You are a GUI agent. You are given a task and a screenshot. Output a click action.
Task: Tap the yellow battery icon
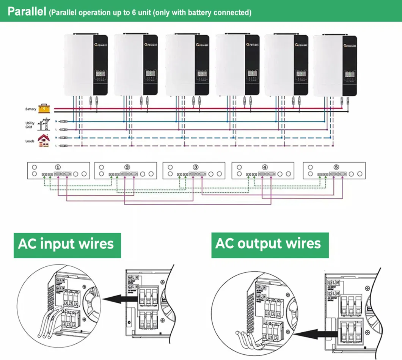click(44, 109)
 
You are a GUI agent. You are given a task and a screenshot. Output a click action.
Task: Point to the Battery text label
click(31, 109)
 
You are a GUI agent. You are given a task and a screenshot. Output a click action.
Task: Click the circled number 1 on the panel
click(58, 167)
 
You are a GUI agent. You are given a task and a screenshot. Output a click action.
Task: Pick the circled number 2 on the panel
click(127, 167)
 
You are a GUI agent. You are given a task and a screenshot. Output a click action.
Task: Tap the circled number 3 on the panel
click(196, 167)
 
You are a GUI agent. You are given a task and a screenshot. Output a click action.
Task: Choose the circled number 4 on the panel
click(265, 167)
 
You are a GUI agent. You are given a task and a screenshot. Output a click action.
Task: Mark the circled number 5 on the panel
click(336, 167)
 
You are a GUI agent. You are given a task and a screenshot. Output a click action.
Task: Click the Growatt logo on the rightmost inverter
click(350, 45)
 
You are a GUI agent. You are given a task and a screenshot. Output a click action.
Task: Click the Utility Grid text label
click(30, 125)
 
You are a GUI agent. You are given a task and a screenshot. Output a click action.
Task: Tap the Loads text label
click(30, 141)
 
